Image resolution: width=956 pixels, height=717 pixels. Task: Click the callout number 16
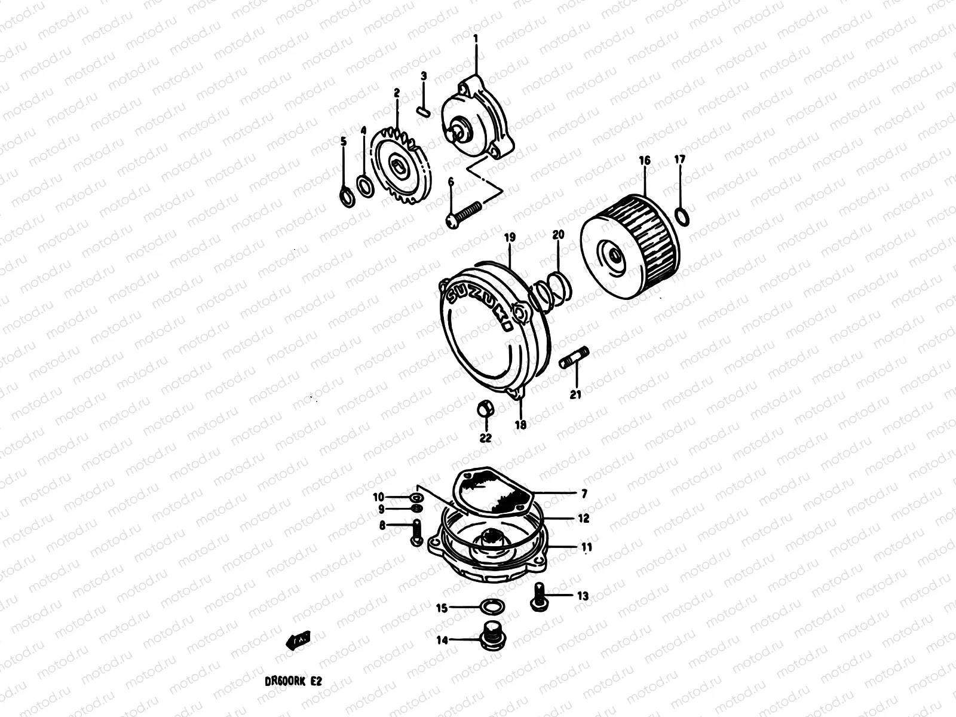[644, 161]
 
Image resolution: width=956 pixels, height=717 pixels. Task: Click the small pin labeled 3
[424, 111]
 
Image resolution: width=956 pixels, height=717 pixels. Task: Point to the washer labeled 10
[416, 497]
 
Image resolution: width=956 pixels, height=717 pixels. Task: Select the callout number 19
[510, 238]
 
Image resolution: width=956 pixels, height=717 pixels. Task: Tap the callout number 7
[584, 494]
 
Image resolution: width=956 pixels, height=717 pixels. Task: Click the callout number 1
[476, 39]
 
